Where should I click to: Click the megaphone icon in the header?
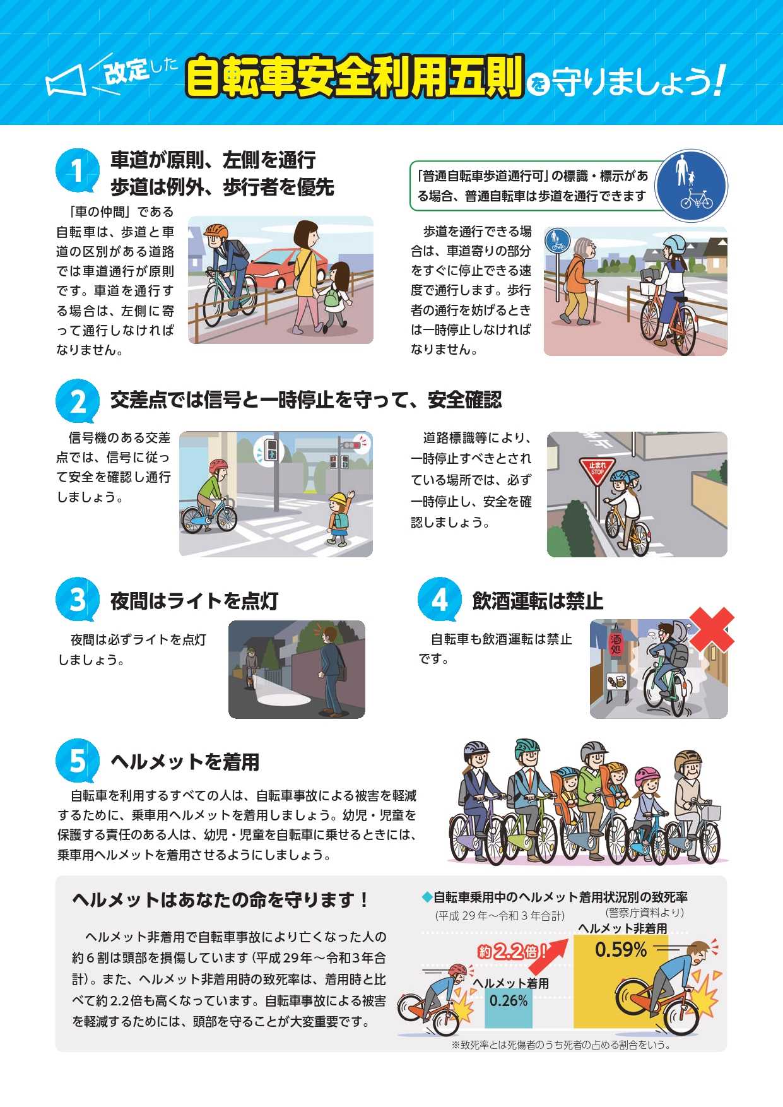pyautogui.click(x=66, y=81)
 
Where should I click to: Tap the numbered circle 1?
pyautogui.click(x=77, y=170)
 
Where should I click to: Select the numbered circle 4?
pyautogui.click(x=439, y=600)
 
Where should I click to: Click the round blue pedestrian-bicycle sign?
pyautogui.click(x=691, y=186)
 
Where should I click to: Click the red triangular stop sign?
pyautogui.click(x=596, y=470)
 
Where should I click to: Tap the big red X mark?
pyautogui.click(x=711, y=629)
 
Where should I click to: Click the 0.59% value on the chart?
pyautogui.click(x=621, y=950)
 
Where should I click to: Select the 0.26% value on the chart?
pyautogui.click(x=509, y=1000)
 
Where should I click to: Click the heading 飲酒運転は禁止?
pyautogui.click(x=538, y=601)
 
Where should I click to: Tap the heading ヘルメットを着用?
pyautogui.click(x=185, y=762)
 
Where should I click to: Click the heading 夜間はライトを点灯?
pyautogui.click(x=194, y=601)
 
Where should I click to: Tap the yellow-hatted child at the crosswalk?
pyautogui.click(x=338, y=518)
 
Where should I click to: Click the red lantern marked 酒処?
pyautogui.click(x=615, y=644)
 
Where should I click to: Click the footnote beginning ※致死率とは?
pyautogui.click(x=561, y=1045)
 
